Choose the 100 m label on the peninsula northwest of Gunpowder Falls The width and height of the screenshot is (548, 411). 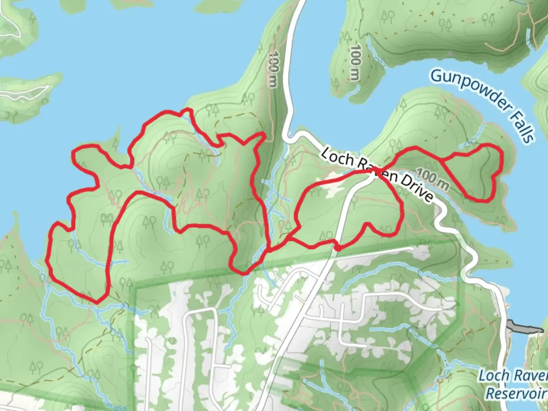point(355,63)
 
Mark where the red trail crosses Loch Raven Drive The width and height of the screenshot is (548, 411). point(375,169)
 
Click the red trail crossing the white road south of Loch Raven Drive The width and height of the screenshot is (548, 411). point(337,246)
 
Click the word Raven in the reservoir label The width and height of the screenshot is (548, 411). point(527,376)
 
